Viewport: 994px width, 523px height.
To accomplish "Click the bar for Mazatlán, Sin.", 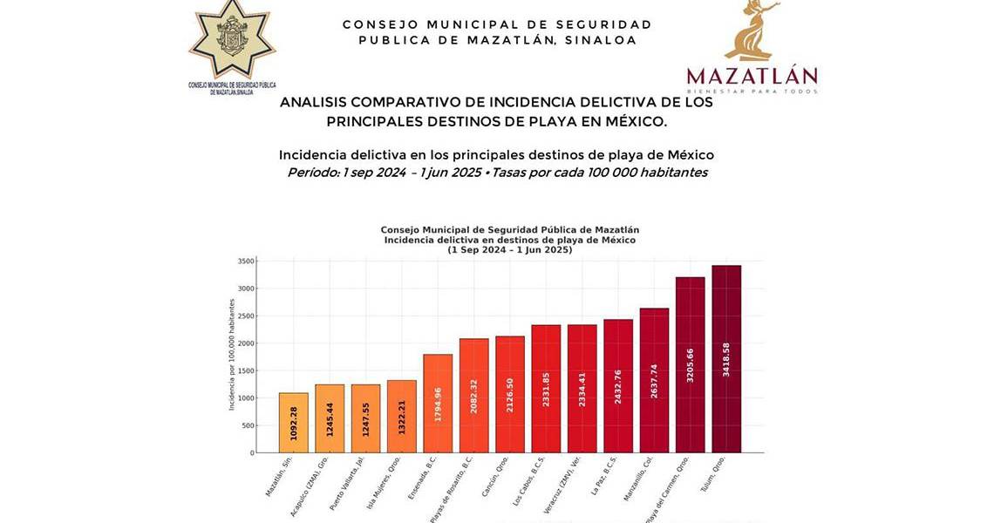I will tap(293, 423).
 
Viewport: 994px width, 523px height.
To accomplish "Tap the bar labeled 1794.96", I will tap(438, 404).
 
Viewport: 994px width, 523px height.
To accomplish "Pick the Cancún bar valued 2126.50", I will tap(510, 394).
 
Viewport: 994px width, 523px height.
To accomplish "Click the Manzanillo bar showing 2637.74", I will tap(654, 380).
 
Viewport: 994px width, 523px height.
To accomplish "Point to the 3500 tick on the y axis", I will tap(246, 261).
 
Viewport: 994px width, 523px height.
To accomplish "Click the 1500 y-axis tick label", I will tap(246, 371).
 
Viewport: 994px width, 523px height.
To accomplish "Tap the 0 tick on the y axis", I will tap(251, 453).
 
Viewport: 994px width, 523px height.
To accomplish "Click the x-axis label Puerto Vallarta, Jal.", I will tap(347, 483).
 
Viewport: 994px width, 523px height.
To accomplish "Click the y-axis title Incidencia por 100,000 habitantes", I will tap(232, 355).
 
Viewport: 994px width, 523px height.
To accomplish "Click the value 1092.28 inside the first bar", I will tap(293, 424).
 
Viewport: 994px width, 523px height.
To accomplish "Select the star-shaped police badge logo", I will tap(232, 39).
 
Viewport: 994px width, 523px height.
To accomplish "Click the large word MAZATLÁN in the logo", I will tap(752, 76).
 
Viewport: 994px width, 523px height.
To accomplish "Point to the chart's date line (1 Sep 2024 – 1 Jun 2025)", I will tap(510, 250).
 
